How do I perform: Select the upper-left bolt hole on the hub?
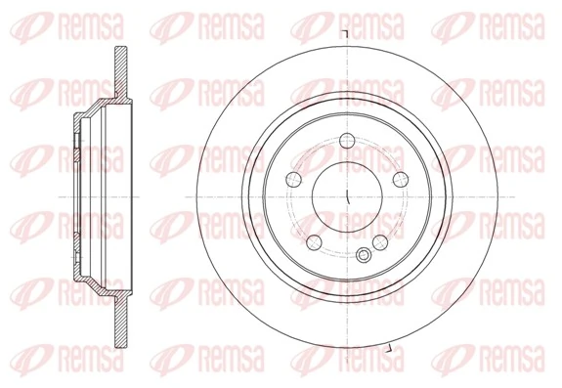pyautogui.click(x=293, y=178)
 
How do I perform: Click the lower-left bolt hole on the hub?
pyautogui.click(x=313, y=241)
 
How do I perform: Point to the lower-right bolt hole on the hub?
pyautogui.click(x=382, y=241)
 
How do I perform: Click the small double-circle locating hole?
pyautogui.click(x=364, y=256)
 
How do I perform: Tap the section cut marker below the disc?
pyautogui.click(x=388, y=349)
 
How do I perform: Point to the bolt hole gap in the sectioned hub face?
pyautogui.click(x=78, y=151)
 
